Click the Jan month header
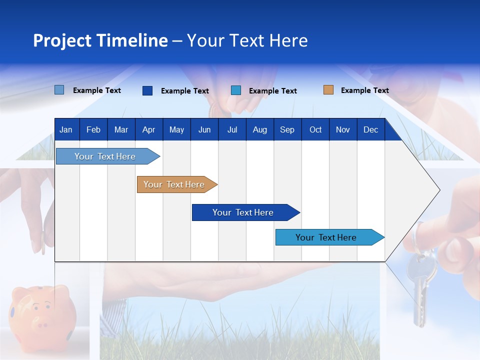[x=66, y=129]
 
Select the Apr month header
[x=148, y=129]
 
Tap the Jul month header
[x=232, y=129]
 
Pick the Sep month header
[x=287, y=129]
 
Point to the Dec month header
[x=370, y=129]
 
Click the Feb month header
[x=93, y=129]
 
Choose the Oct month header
[x=315, y=129]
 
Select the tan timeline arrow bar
[x=175, y=184]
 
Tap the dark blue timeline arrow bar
[x=244, y=212]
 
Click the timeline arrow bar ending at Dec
[x=327, y=237]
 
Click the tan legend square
[x=328, y=90]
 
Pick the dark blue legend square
[x=147, y=90]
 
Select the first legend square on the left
[x=59, y=90]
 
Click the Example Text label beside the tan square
[x=364, y=90]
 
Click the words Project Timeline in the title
[x=100, y=40]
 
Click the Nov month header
[x=343, y=129]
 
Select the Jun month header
[x=204, y=129]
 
